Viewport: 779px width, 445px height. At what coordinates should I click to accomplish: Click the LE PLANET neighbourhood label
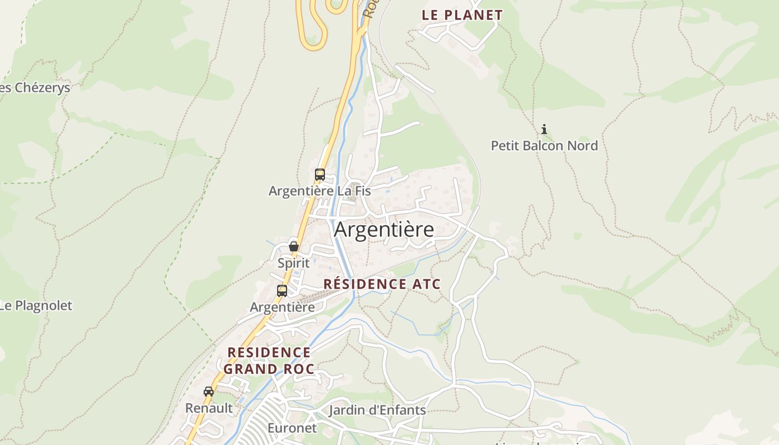click(462, 15)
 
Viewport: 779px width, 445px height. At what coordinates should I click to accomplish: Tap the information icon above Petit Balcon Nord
click(544, 130)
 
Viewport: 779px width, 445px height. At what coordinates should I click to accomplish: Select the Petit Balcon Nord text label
click(544, 146)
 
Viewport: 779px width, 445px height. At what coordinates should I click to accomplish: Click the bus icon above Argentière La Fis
click(319, 174)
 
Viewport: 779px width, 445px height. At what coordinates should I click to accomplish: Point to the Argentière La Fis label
click(319, 191)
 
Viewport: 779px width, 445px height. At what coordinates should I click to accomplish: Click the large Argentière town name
click(384, 229)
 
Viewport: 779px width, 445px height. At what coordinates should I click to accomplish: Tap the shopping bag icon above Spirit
click(293, 246)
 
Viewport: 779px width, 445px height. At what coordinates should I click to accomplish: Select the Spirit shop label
click(293, 263)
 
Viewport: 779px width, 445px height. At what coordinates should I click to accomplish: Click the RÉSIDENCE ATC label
click(382, 284)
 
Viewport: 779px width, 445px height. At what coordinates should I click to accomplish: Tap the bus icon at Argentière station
click(282, 290)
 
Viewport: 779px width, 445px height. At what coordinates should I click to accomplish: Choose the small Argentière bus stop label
click(282, 307)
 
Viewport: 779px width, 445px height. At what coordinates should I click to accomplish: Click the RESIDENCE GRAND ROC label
click(269, 360)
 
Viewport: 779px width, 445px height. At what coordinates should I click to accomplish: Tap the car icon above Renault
click(209, 391)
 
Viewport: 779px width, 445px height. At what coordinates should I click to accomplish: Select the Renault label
click(209, 408)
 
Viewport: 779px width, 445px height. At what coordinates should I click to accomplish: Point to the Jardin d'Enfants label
click(377, 411)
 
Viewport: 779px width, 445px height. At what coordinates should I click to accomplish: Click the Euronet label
click(292, 428)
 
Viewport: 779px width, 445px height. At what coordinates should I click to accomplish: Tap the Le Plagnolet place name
click(36, 305)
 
